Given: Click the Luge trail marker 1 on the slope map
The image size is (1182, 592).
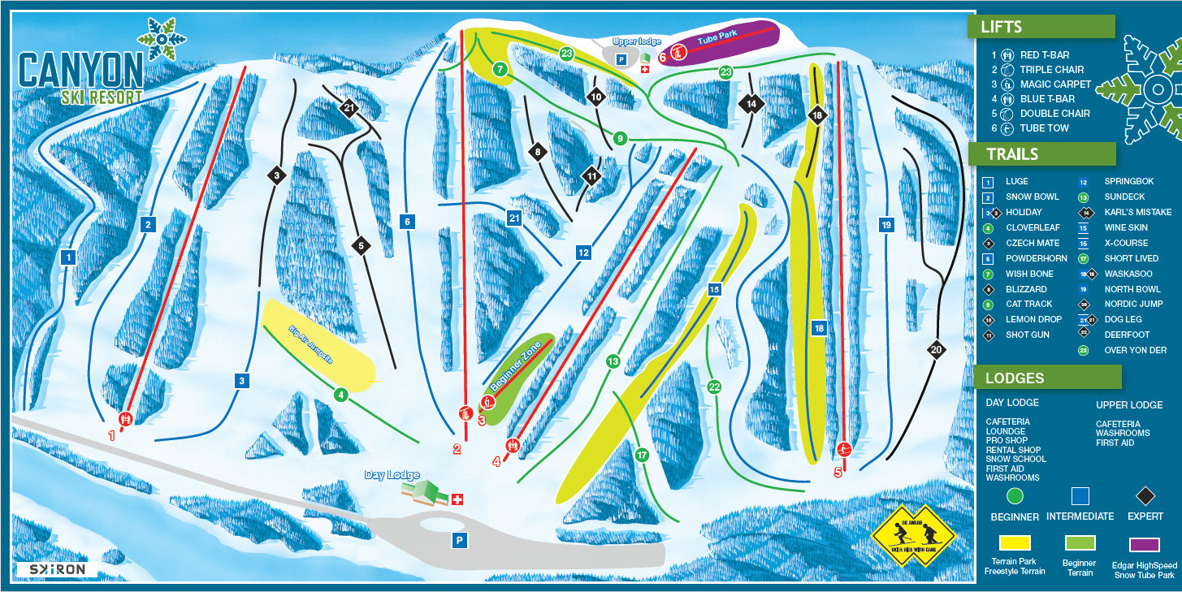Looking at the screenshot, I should tap(68, 257).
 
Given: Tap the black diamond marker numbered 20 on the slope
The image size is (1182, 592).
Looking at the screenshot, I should tap(936, 350).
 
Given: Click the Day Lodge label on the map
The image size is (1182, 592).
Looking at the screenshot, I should tap(392, 475).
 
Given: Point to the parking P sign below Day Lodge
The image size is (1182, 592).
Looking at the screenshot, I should tap(460, 539).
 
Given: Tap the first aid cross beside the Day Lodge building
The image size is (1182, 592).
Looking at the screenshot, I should tap(457, 499).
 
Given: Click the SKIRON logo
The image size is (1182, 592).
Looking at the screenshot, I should tap(56, 570).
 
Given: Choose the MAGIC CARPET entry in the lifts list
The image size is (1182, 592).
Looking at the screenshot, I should tap(1055, 84).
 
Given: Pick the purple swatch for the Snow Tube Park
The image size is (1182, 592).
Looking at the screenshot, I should tap(1145, 543).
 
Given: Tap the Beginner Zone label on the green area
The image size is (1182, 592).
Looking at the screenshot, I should tap(517, 365).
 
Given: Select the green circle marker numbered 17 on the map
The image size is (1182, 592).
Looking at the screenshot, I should tap(643, 456).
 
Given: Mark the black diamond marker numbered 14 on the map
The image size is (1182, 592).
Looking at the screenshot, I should tap(751, 104).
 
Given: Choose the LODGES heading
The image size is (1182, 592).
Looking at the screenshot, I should tap(1015, 378).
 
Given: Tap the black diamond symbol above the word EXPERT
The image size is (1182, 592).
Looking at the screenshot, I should tap(1145, 495).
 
